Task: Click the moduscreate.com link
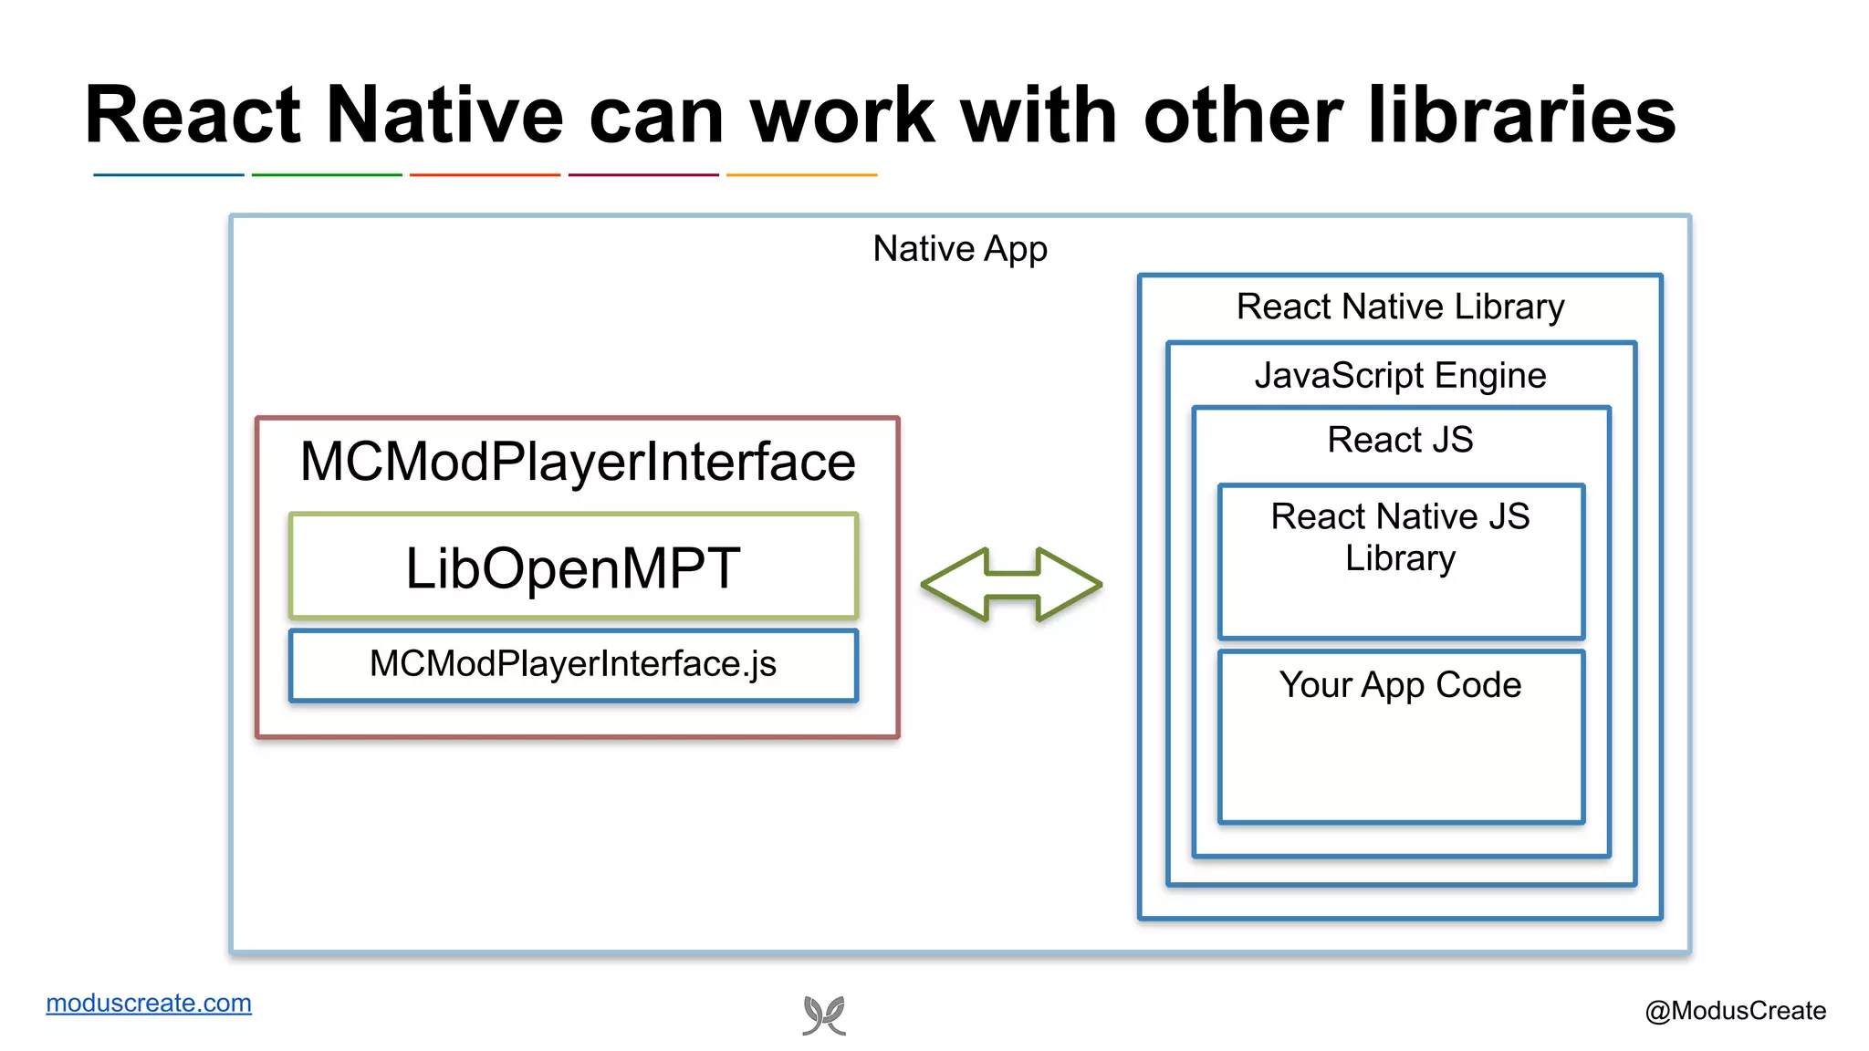(x=149, y=1003)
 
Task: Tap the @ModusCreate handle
(x=1735, y=1011)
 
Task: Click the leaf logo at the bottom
(x=824, y=1015)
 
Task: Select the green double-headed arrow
(x=1011, y=585)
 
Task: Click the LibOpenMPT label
(x=573, y=568)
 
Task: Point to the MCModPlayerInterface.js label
(x=573, y=664)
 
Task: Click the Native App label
(x=960, y=249)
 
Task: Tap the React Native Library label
(x=1400, y=307)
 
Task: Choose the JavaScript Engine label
(x=1400, y=376)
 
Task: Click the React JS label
(x=1400, y=440)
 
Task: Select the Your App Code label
(x=1400, y=685)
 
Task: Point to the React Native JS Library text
(x=1400, y=536)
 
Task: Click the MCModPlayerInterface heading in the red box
(x=578, y=462)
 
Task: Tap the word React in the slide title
(x=193, y=116)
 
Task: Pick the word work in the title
(x=842, y=116)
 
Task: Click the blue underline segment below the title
(x=169, y=174)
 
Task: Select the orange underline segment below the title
(x=801, y=174)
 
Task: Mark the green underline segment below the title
(x=327, y=174)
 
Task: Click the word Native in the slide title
(x=444, y=116)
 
